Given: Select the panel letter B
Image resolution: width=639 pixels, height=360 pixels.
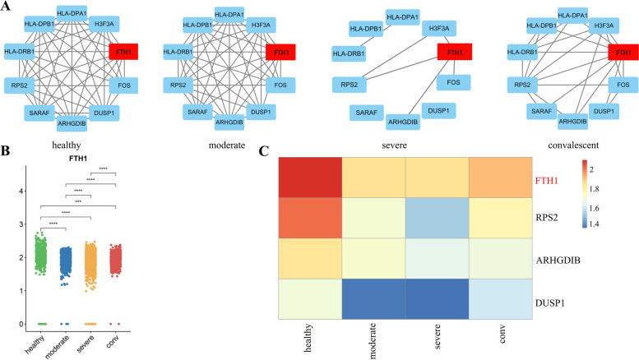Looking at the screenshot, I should [x=7, y=150].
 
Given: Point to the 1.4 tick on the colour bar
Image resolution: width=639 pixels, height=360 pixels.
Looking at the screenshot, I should [x=618, y=224].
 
